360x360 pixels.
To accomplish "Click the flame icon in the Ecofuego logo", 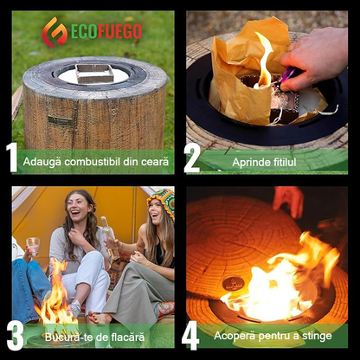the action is [55, 32].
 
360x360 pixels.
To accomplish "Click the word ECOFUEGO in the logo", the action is [106, 31].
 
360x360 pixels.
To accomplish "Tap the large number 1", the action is [12, 157].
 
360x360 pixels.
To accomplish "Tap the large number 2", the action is [192, 158].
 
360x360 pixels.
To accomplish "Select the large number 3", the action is [15, 336].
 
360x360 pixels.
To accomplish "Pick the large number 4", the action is [190, 336].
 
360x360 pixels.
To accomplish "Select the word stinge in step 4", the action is [318, 337].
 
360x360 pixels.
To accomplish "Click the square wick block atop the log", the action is [94, 73].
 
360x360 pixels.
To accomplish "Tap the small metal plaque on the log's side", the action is [61, 120].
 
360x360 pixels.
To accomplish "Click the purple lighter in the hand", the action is [288, 75].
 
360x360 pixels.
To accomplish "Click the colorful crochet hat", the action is [163, 202].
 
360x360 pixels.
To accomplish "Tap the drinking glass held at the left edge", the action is [33, 247].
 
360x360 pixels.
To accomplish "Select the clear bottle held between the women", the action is [110, 236].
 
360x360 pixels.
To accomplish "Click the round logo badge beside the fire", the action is [234, 284].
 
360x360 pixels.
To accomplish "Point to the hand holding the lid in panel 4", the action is [288, 201].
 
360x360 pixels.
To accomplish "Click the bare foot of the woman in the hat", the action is [100, 318].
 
